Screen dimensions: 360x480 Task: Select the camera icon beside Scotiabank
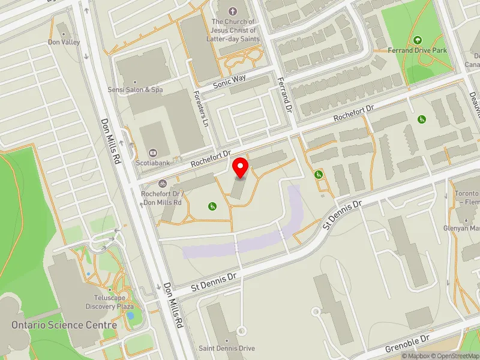pyautogui.click(x=152, y=152)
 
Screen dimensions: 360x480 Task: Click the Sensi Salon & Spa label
pyautogui.click(x=135, y=89)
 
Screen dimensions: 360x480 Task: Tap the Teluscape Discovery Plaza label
pyautogui.click(x=109, y=302)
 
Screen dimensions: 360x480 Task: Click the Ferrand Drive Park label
pyautogui.click(x=418, y=50)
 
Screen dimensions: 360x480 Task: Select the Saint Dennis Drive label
pyautogui.click(x=227, y=348)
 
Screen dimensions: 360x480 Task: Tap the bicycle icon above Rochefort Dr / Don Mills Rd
pyautogui.click(x=161, y=184)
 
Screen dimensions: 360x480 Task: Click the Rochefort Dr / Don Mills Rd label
pyautogui.click(x=161, y=198)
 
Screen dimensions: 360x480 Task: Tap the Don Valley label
pyautogui.click(x=64, y=43)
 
